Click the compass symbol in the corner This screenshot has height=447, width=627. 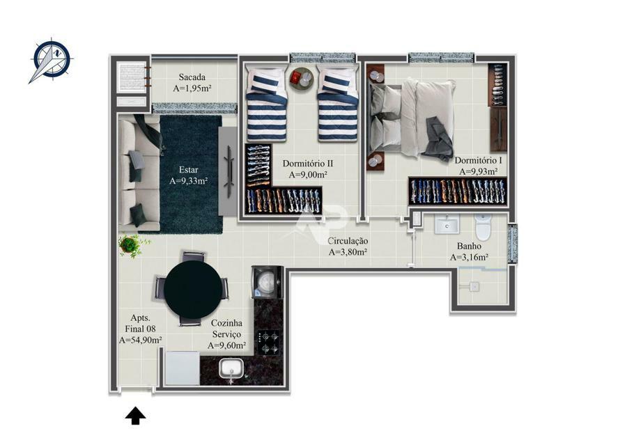point(51,61)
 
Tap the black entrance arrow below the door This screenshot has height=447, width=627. point(135,416)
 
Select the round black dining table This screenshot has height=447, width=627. point(193,290)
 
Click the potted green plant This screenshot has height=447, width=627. point(131,245)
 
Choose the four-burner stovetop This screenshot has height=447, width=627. point(268,343)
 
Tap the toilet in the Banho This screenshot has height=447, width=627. point(483,226)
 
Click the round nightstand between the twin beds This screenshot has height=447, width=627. point(302,80)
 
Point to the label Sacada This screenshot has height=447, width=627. point(192,77)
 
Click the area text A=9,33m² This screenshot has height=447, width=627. point(188,181)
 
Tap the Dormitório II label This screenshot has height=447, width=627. point(308,164)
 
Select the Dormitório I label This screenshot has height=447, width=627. point(478,161)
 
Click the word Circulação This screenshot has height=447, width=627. point(348,241)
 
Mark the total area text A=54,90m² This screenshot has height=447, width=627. point(140,340)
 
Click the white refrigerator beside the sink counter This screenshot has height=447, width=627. point(183,368)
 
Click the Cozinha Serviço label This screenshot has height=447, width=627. point(226,329)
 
